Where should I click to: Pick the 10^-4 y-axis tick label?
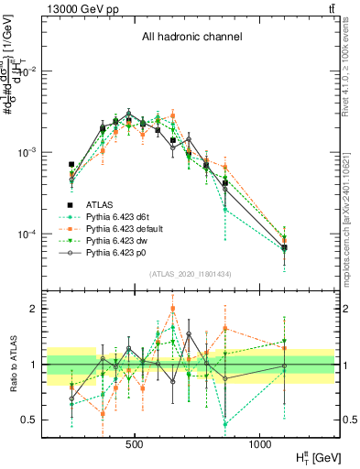[x=29, y=234]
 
